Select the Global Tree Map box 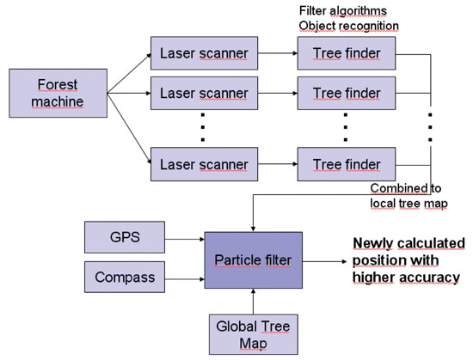[253, 333]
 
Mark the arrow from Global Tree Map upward [253, 302]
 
